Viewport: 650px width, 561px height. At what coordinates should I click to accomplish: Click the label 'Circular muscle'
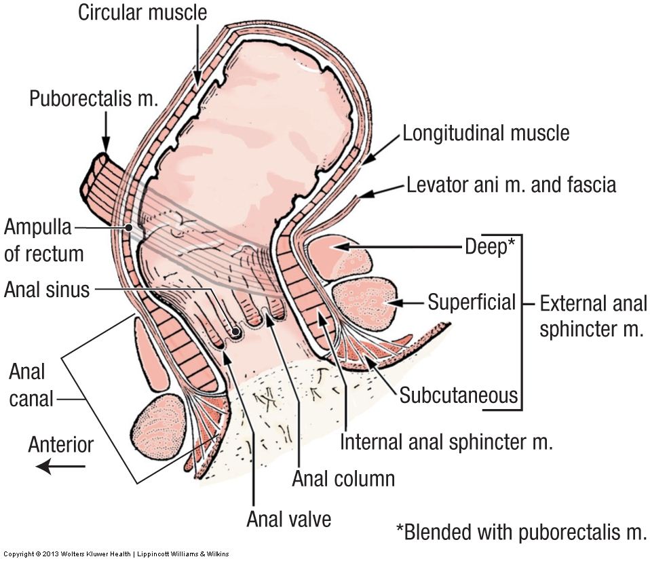pyautogui.click(x=142, y=12)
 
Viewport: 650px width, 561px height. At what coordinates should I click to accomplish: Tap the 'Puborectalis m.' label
pyautogui.click(x=94, y=99)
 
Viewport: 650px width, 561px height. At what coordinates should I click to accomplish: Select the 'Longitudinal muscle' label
pyautogui.click(x=486, y=133)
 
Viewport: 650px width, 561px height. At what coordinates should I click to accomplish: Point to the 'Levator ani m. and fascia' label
pyautogui.click(x=511, y=184)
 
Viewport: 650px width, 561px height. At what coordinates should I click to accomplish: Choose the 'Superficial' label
pyautogui.click(x=472, y=301)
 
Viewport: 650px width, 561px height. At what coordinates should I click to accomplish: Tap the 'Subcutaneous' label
pyautogui.click(x=459, y=394)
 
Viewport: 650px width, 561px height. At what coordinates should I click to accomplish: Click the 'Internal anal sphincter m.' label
pyautogui.click(x=446, y=442)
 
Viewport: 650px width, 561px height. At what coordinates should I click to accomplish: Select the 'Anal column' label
pyautogui.click(x=343, y=478)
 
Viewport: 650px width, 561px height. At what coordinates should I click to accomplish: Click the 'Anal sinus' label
pyautogui.click(x=46, y=290)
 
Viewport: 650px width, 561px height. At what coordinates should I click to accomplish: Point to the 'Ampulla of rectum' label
pyautogui.click(x=43, y=239)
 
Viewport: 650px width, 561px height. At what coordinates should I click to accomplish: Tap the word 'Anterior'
pyautogui.click(x=61, y=444)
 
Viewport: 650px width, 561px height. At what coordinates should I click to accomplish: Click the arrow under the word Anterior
pyautogui.click(x=61, y=467)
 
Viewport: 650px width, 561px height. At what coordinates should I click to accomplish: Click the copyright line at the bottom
pyautogui.click(x=115, y=554)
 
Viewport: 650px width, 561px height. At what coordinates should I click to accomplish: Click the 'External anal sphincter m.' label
pyautogui.click(x=593, y=316)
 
